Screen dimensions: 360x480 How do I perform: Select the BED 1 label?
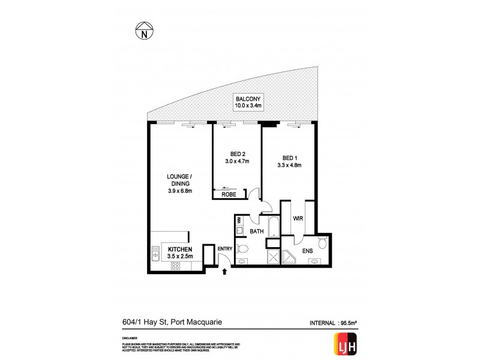point(288,158)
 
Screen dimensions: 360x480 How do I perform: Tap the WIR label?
point(296,219)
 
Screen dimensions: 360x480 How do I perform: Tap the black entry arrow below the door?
point(225,272)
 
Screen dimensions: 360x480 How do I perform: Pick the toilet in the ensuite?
point(323,242)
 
